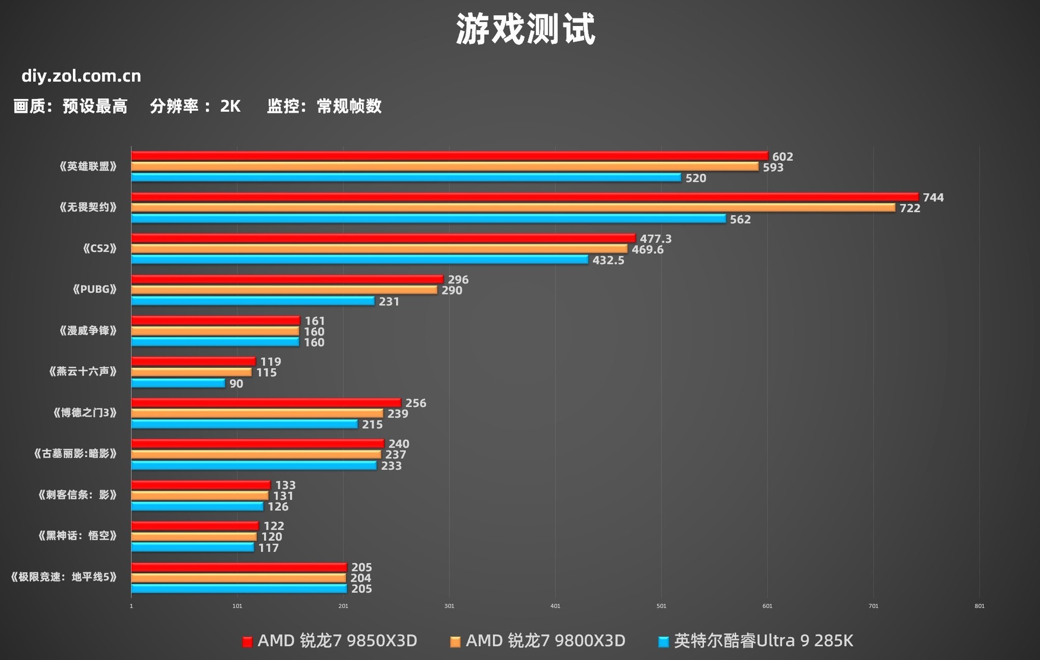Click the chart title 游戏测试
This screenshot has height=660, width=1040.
tap(525, 29)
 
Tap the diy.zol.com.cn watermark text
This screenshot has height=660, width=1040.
tap(81, 76)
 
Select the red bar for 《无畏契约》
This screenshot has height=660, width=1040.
tap(524, 197)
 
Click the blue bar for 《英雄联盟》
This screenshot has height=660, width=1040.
tap(406, 177)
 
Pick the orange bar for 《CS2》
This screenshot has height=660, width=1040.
tap(379, 249)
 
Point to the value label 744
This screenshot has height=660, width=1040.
tap(933, 198)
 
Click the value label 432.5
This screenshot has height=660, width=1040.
tap(608, 260)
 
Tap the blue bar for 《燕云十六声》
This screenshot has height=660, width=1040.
tap(178, 383)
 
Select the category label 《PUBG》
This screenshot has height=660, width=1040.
tap(95, 289)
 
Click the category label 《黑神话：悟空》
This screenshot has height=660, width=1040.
tap(77, 536)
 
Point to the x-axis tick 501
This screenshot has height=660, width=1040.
tap(661, 606)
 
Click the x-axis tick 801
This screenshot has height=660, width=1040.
tap(979, 606)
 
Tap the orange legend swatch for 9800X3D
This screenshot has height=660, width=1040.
tap(455, 642)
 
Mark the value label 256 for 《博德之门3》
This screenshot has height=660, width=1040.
tap(415, 403)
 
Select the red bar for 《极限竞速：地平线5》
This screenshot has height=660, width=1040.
tap(239, 567)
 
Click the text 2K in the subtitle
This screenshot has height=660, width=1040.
tap(230, 106)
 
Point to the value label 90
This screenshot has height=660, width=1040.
tap(236, 384)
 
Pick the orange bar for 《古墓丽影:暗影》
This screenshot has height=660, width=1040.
tap(256, 455)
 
